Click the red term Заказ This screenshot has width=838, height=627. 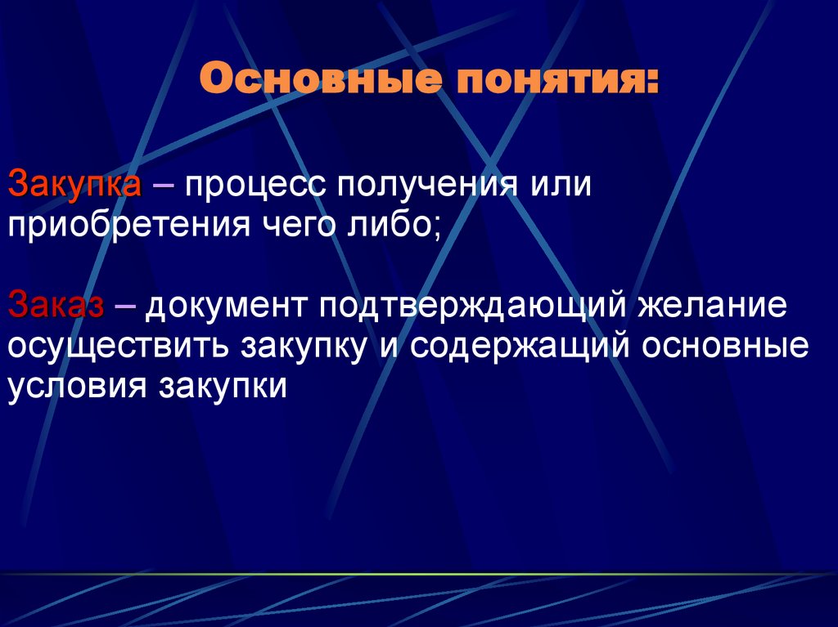click(x=56, y=307)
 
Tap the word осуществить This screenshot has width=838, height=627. click(x=118, y=346)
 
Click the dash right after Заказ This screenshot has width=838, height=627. click(x=127, y=307)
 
